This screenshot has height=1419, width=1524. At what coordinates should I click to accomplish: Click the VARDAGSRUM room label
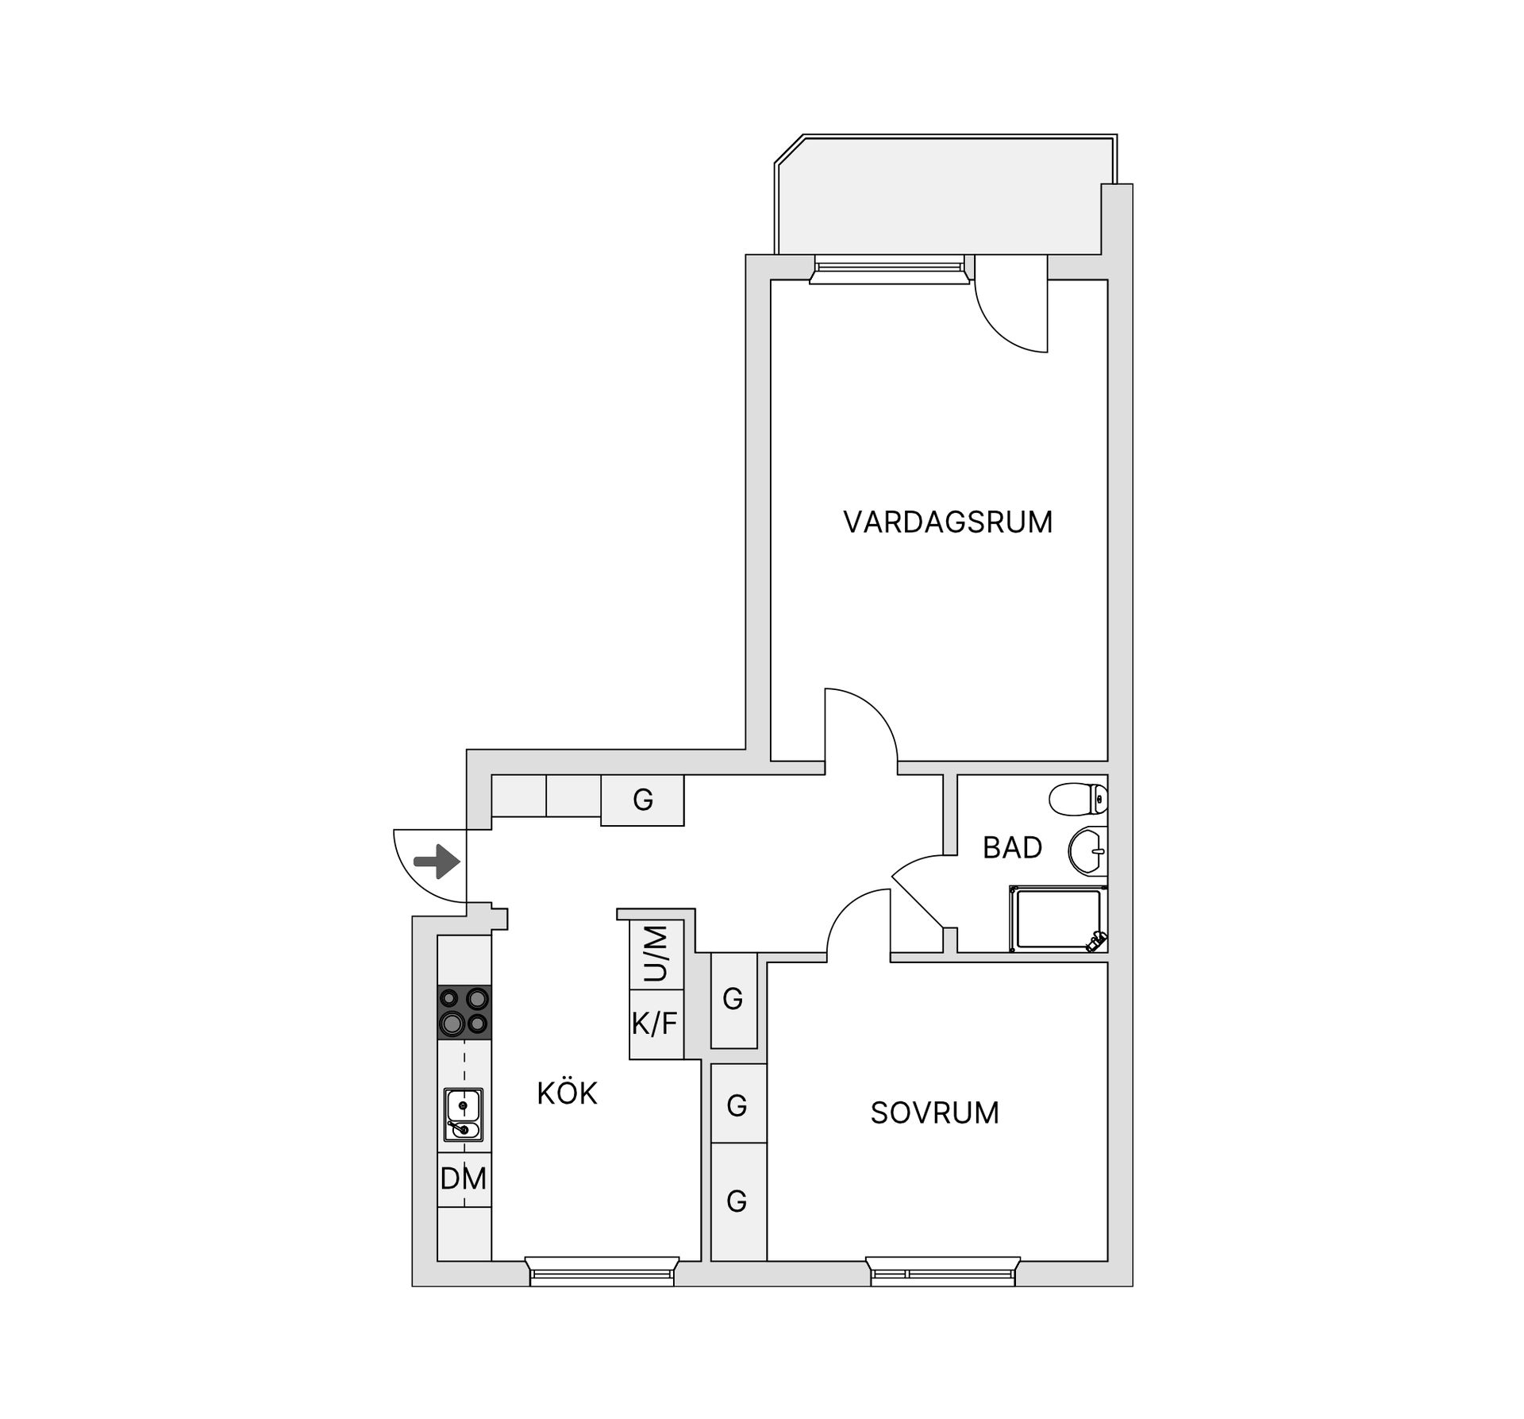click(x=948, y=522)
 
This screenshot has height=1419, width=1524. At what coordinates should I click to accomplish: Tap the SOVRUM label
click(x=934, y=1113)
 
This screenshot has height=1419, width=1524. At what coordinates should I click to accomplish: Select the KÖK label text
click(x=567, y=1093)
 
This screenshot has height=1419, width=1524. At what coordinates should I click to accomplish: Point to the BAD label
click(x=1012, y=848)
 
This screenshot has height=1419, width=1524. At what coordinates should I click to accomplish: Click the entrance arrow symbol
click(x=437, y=862)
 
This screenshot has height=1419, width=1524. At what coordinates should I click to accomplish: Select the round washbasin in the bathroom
click(x=1088, y=850)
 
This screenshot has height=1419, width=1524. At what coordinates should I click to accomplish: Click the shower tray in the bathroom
click(x=1059, y=919)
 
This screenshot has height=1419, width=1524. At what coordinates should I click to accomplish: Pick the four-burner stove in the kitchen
click(x=464, y=1012)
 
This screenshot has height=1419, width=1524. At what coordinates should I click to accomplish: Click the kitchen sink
click(x=464, y=1115)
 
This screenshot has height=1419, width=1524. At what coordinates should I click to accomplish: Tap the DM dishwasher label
click(x=464, y=1179)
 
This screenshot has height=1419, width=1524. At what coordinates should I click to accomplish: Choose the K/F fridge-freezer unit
click(x=656, y=1024)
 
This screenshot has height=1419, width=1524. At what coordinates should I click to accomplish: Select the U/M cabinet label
click(x=656, y=954)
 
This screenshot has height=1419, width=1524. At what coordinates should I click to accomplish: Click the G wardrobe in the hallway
click(x=642, y=800)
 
